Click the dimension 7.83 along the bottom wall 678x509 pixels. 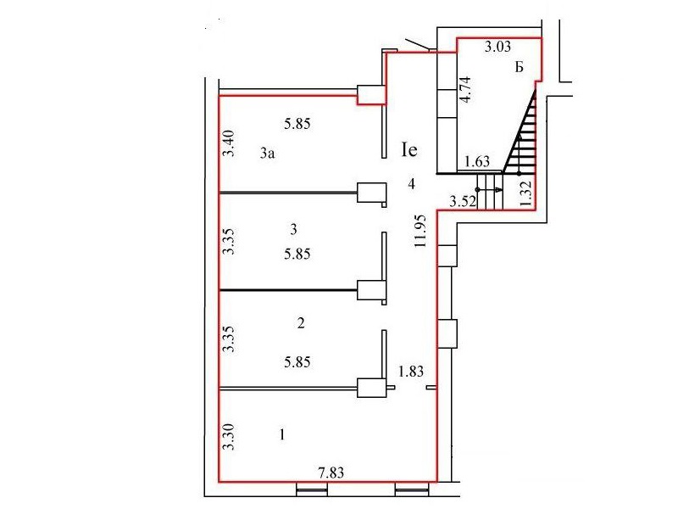(x=331, y=473)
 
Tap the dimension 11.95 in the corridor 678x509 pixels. (x=420, y=231)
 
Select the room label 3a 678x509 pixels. (x=267, y=154)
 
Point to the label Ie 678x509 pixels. (x=409, y=150)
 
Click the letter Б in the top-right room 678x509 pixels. (x=520, y=67)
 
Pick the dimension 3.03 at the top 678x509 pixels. (x=497, y=47)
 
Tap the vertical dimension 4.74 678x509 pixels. (x=465, y=89)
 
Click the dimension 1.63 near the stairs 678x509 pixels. (x=477, y=161)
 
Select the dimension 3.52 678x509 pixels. (x=463, y=201)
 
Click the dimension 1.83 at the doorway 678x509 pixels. (x=411, y=372)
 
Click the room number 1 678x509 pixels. (x=282, y=434)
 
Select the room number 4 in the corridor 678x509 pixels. (x=412, y=184)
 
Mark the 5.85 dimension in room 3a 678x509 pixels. (x=297, y=124)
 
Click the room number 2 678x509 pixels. (x=301, y=323)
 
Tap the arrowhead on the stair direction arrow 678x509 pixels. (x=498, y=189)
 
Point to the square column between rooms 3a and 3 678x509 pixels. (x=371, y=193)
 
